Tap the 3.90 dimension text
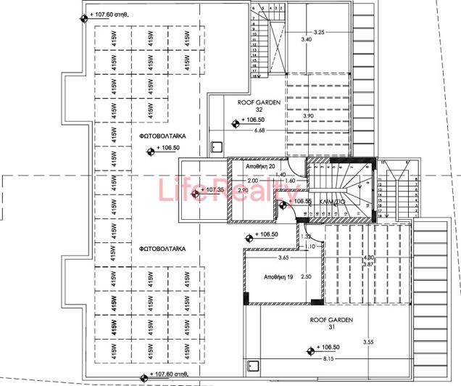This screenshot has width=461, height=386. point(307,116)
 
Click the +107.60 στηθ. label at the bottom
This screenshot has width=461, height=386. point(171,375)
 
